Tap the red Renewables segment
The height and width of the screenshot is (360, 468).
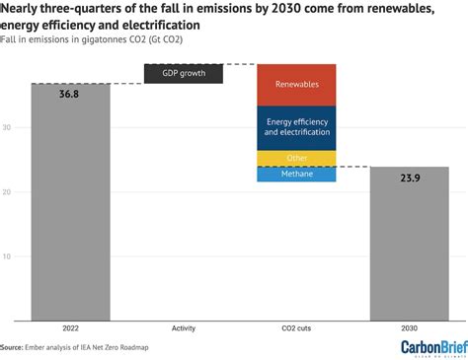296,85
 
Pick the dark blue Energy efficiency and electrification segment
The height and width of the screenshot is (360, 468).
296,127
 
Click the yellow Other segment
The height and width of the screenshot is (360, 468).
296,158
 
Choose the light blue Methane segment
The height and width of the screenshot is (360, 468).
296,174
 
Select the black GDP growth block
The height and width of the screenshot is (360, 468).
184,74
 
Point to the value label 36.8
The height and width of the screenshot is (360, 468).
70,96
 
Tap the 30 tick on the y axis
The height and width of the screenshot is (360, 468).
20,127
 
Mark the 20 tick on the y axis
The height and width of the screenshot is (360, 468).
20,192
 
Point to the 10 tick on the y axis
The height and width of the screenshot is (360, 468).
20,256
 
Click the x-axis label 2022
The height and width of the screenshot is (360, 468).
70,329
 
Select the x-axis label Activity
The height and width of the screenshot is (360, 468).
184,329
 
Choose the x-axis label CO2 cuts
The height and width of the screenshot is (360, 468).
296,329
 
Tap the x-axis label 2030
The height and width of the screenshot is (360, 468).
409,329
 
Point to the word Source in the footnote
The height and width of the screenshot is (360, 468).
13,347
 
